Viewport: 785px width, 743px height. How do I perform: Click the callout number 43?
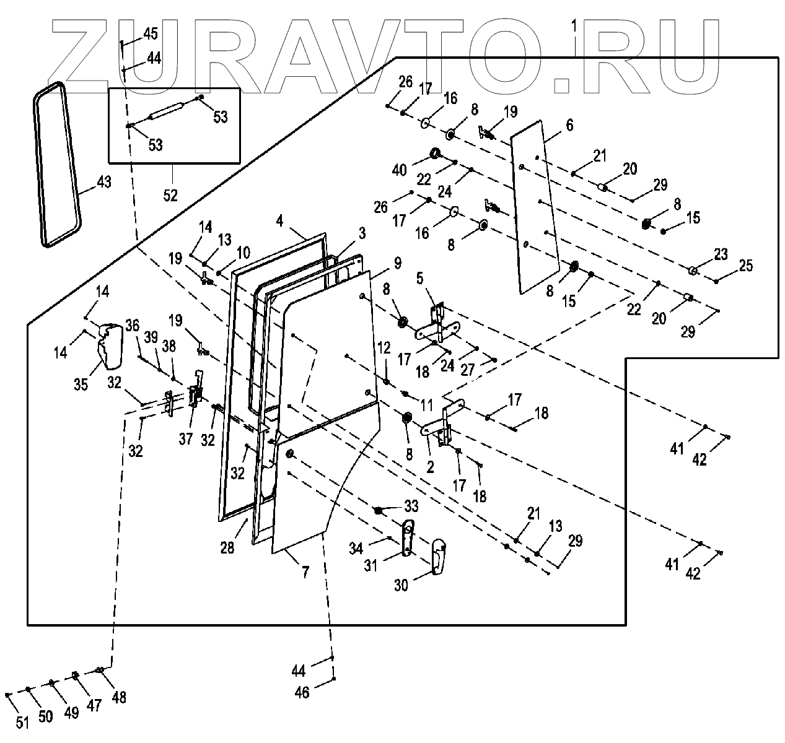[x=103, y=183]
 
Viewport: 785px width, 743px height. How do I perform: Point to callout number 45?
[x=150, y=34]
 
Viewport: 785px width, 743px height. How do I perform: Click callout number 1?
[x=574, y=27]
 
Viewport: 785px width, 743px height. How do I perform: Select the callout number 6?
[x=569, y=125]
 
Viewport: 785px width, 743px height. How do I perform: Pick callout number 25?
[x=746, y=266]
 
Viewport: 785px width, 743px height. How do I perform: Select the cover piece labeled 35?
[x=108, y=344]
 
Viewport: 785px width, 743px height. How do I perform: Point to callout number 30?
[x=401, y=584]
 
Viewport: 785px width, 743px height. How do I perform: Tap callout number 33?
[x=411, y=506]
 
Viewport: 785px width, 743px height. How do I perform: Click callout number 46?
[x=301, y=693]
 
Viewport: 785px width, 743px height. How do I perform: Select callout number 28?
[x=228, y=547]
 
